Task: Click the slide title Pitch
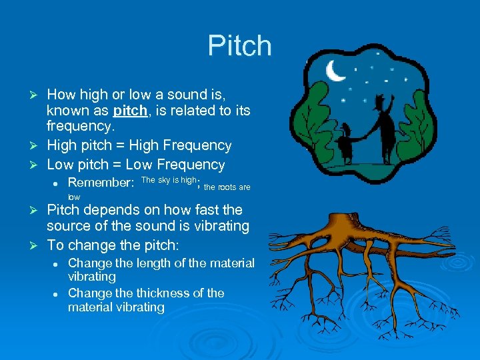(x=239, y=46)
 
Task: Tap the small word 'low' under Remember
(x=74, y=197)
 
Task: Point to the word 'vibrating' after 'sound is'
(x=219, y=227)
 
